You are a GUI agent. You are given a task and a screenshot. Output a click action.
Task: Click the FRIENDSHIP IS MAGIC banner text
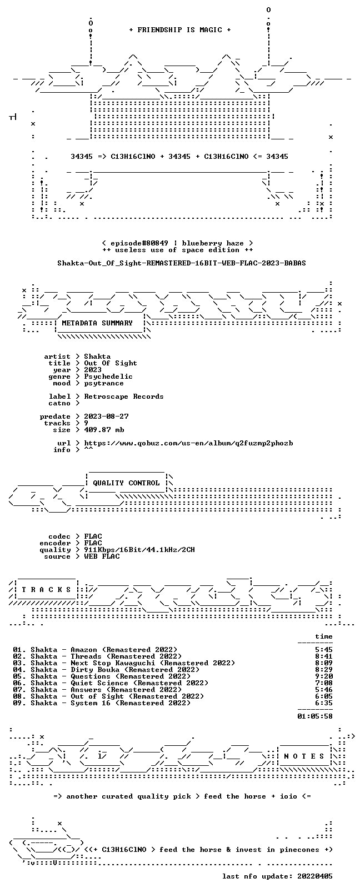click(180, 30)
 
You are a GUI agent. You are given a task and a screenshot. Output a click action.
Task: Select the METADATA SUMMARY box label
click(97, 323)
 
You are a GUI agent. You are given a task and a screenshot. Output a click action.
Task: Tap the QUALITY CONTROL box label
click(126, 483)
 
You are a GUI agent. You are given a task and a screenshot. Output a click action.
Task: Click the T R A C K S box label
click(46, 590)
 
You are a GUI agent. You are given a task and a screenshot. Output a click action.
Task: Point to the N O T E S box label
click(304, 756)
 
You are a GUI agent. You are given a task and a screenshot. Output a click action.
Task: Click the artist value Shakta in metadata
click(97, 357)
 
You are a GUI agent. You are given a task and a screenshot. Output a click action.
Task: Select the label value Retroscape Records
click(123, 397)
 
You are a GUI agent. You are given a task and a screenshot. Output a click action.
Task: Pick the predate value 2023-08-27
click(106, 416)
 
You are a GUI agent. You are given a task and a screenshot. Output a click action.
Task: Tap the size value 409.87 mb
click(104, 430)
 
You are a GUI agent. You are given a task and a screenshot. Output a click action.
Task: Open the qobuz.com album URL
click(188, 443)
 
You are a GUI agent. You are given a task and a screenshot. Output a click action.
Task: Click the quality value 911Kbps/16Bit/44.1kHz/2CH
click(139, 550)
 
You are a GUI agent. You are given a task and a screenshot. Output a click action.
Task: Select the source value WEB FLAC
click(102, 556)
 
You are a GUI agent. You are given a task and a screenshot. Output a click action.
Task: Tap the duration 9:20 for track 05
click(324, 676)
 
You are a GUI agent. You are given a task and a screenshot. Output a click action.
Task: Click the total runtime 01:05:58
click(315, 716)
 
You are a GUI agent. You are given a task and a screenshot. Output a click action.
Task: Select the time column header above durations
click(324, 636)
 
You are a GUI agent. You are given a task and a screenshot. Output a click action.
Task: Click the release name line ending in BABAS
click(182, 263)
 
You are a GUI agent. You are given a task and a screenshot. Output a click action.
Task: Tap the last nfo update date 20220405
click(315, 876)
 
